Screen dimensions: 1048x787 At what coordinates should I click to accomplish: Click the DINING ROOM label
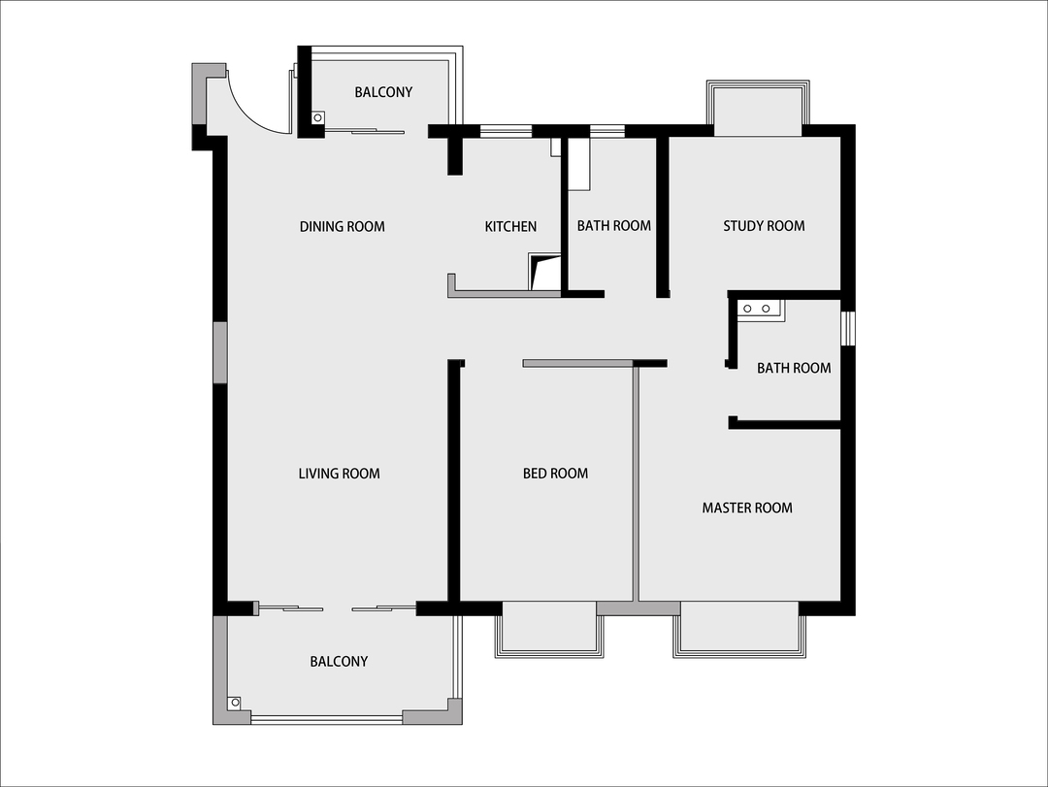343,227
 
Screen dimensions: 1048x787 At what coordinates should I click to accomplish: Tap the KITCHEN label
510,227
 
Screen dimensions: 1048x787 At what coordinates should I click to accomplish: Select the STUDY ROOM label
764,226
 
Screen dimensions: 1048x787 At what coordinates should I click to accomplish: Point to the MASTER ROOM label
747,508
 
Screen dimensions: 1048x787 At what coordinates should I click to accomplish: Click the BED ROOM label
555,474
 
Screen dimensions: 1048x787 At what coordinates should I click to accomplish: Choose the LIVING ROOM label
339,474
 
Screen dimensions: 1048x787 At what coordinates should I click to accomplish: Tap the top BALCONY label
383,92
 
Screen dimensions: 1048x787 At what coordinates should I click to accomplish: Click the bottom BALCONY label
339,661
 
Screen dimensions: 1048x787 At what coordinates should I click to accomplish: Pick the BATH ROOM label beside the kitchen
614,226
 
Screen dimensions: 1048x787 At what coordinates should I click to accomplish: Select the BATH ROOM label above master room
794,368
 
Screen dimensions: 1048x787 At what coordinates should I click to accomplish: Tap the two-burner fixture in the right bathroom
757,309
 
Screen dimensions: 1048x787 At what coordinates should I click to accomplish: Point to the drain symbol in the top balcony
318,117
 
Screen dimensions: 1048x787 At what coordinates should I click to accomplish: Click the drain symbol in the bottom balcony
235,703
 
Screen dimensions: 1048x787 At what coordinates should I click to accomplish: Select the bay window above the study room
758,108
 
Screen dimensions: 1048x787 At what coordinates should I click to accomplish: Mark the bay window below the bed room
549,629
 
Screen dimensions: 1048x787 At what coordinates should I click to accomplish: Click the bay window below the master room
739,629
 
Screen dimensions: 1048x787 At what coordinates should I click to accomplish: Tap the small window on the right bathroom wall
847,329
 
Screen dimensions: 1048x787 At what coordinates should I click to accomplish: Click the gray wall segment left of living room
220,352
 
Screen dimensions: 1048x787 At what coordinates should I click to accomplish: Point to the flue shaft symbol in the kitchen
544,272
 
